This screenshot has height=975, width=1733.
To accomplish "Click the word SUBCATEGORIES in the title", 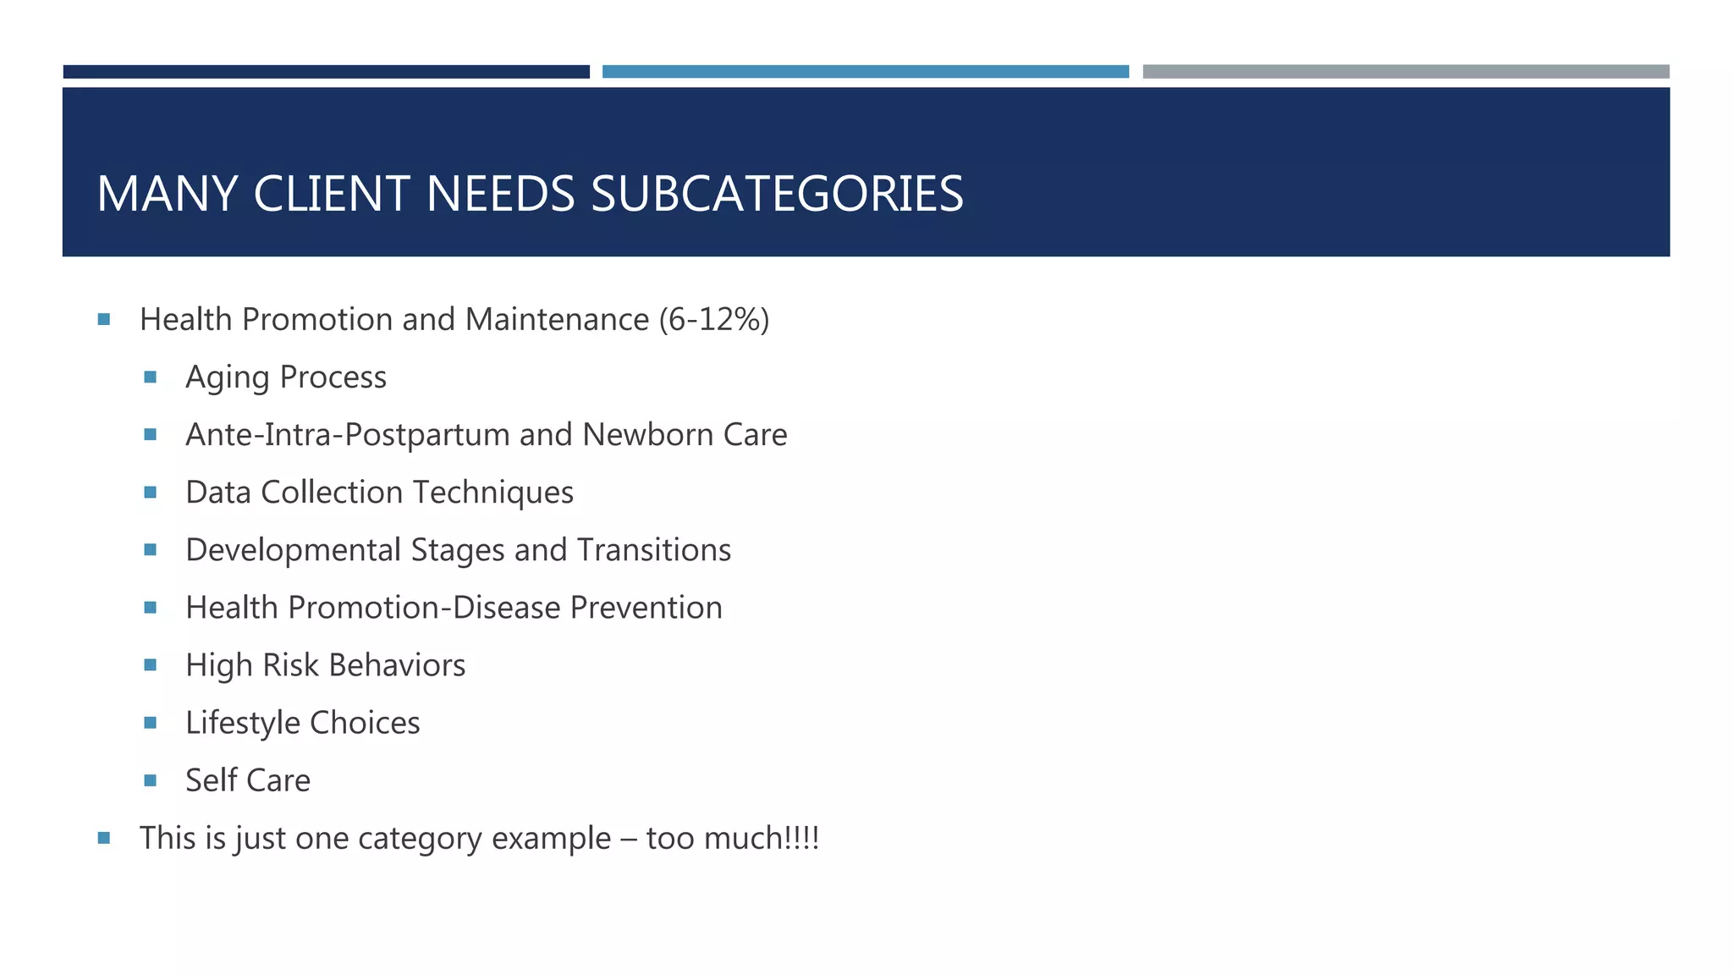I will (777, 194).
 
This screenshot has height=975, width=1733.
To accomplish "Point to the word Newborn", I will (648, 435).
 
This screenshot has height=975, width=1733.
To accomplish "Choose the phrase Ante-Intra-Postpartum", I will (348, 435).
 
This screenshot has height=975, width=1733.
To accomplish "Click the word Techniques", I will (493, 493).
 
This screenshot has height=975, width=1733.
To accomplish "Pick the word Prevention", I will (646, 608).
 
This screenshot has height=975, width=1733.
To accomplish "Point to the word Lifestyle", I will (243, 723).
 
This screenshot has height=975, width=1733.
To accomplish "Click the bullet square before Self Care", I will (151, 780).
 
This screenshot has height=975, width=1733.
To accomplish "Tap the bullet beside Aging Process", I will (151, 377).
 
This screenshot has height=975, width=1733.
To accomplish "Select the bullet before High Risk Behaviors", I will (151, 665).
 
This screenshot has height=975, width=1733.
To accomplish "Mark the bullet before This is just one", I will (104, 838).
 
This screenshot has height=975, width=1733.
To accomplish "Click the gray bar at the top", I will (1406, 72).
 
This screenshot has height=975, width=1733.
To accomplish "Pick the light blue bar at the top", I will (865, 72).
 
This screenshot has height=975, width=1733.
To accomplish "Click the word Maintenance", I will (557, 320).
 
